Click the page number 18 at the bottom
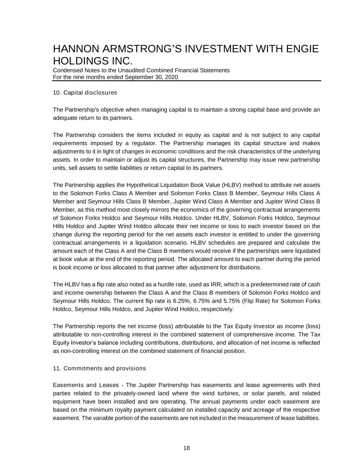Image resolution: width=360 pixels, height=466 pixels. tap(186, 448)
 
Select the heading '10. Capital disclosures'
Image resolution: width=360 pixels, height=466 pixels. tap(85, 93)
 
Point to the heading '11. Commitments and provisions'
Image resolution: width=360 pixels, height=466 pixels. tap(99, 368)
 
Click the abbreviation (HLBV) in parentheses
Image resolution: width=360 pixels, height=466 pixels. tap(232, 185)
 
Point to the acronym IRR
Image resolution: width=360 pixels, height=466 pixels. tap(216, 285)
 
